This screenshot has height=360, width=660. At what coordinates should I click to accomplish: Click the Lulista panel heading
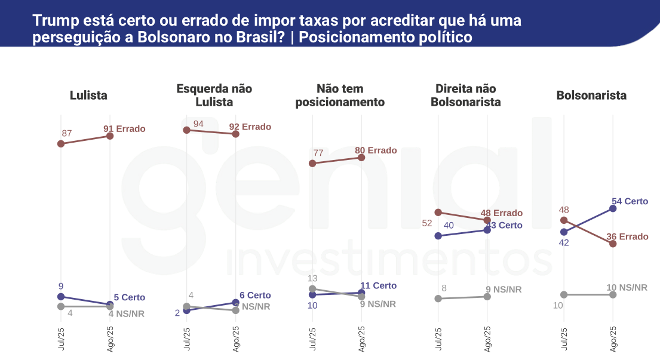pyautogui.click(x=88, y=96)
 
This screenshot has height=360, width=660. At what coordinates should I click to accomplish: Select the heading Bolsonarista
pyautogui.click(x=591, y=96)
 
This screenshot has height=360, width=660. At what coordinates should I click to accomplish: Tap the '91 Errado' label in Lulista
pyautogui.click(x=124, y=128)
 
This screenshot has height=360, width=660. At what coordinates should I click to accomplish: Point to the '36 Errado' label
pyautogui.click(x=627, y=236)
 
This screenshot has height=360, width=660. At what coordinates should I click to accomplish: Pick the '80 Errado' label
pyautogui.click(x=376, y=150)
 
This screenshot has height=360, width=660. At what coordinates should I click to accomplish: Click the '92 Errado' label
pyautogui.click(x=250, y=127)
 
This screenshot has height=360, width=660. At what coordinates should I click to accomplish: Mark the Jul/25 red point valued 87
pyautogui.click(x=61, y=144)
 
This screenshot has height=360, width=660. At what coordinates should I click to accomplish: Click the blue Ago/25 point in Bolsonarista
pyautogui.click(x=613, y=208)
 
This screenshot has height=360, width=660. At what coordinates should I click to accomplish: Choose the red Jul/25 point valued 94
pyautogui.click(x=186, y=130)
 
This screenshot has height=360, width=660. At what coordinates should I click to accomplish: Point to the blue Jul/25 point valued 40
pyautogui.click(x=438, y=236)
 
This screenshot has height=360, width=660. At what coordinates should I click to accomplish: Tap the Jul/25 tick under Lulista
pyautogui.click(x=61, y=339)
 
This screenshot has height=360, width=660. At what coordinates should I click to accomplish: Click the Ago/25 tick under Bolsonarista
pyautogui.click(x=613, y=339)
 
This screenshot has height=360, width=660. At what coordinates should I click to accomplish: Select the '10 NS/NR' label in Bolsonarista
pyautogui.click(x=627, y=288)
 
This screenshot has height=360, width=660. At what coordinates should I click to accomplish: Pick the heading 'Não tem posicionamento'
pyautogui.click(x=340, y=96)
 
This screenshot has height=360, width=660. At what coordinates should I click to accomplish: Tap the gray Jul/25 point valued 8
pyautogui.click(x=438, y=299)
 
